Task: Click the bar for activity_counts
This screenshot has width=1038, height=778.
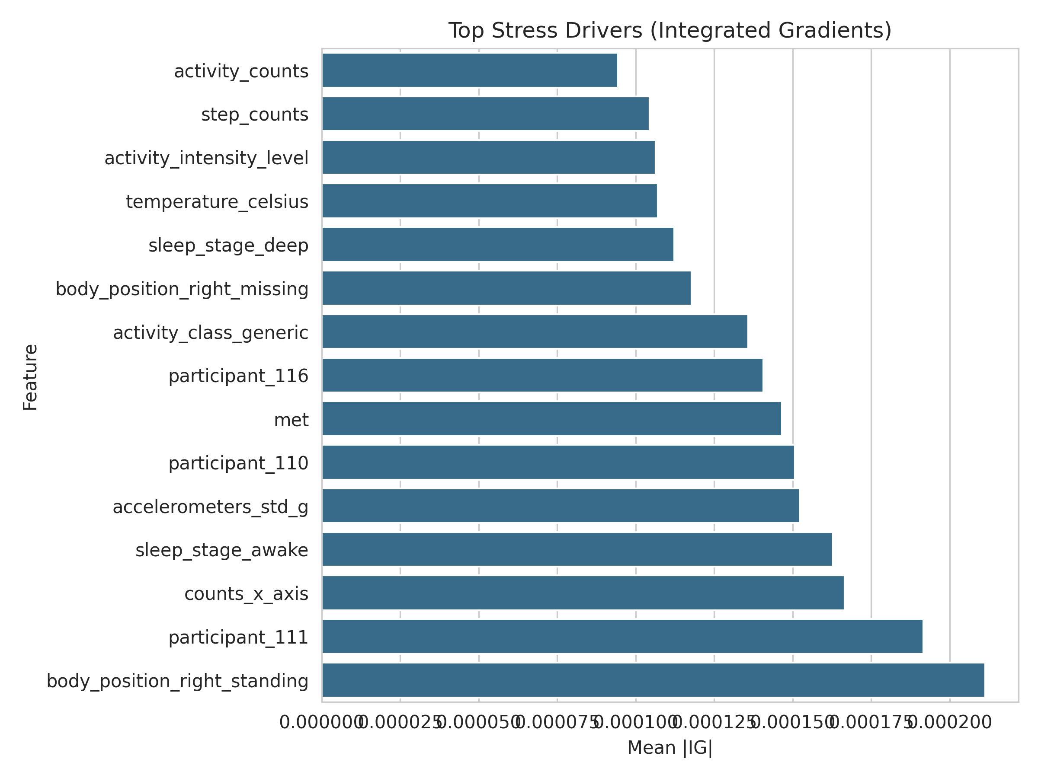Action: pyautogui.click(x=469, y=70)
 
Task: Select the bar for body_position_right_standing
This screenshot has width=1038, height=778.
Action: pyautogui.click(x=653, y=680)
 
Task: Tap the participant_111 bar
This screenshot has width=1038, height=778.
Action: pyautogui.click(x=622, y=636)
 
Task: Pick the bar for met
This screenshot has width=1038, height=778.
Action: pyautogui.click(x=551, y=419)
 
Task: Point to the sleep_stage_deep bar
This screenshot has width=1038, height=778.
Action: pyautogui.click(x=497, y=244)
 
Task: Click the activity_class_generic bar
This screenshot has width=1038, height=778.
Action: pyautogui.click(x=535, y=332)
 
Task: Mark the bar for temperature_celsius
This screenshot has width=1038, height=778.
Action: pyautogui.click(x=490, y=201)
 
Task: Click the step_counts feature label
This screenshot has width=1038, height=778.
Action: pyautogui.click(x=255, y=115)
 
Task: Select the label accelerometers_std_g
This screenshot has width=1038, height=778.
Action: pyautogui.click(x=210, y=507)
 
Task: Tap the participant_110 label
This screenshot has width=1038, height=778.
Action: pyautogui.click(x=238, y=463)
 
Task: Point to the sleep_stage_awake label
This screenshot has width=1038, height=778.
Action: pyautogui.click(x=222, y=550)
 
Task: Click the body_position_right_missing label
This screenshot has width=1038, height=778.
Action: pyautogui.click(x=182, y=289)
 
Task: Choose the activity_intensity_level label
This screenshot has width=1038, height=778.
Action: pyautogui.click(x=206, y=158)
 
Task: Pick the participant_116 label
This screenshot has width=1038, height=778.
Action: pyautogui.click(x=238, y=376)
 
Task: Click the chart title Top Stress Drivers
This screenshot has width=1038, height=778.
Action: pyautogui.click(x=670, y=31)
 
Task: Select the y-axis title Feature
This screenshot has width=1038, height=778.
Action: pyautogui.click(x=31, y=377)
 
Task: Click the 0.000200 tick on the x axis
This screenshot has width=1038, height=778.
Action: pyautogui.click(x=950, y=723)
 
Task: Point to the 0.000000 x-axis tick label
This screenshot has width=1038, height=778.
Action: pyautogui.click(x=322, y=723)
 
